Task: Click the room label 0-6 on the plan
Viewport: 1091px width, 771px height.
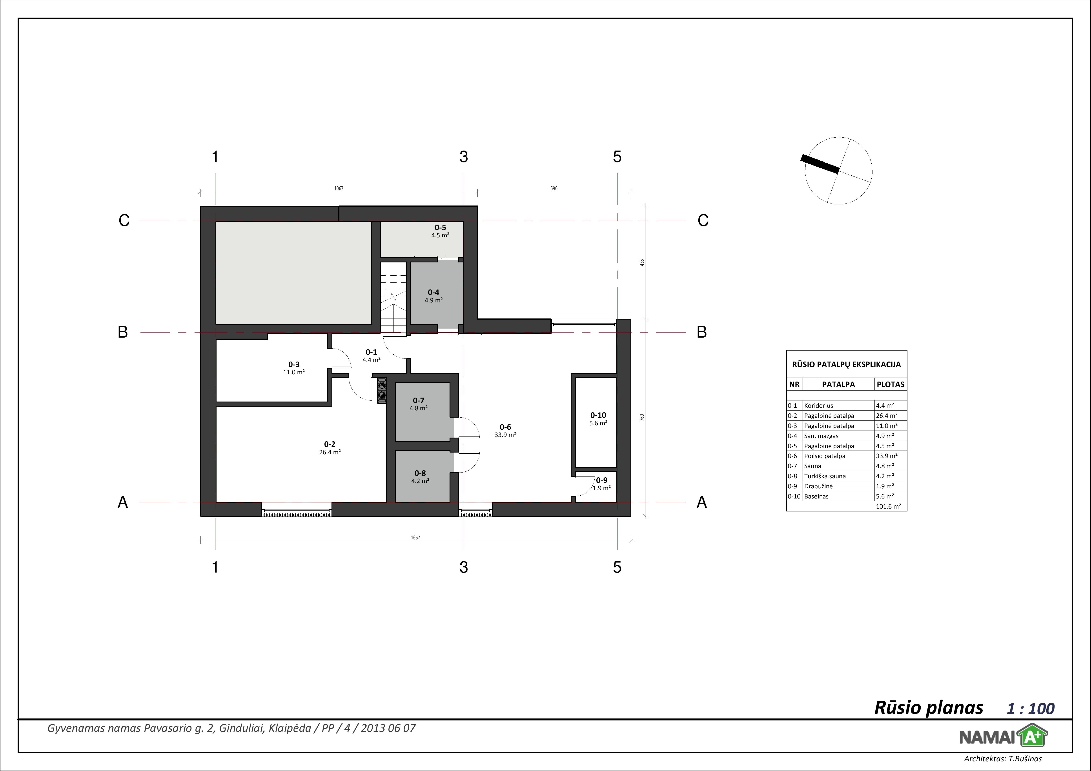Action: [505, 427]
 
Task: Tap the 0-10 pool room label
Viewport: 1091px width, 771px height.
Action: [598, 415]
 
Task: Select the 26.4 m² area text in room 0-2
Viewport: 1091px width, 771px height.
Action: [330, 452]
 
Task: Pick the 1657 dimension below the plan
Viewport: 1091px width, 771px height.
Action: [416, 538]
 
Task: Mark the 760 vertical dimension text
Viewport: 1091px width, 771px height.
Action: [642, 417]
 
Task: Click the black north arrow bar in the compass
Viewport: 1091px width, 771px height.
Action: [820, 164]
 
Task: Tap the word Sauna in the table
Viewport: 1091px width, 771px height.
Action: [812, 466]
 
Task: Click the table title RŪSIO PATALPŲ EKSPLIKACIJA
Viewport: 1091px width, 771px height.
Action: [846, 364]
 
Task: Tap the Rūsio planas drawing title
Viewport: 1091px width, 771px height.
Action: [929, 708]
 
